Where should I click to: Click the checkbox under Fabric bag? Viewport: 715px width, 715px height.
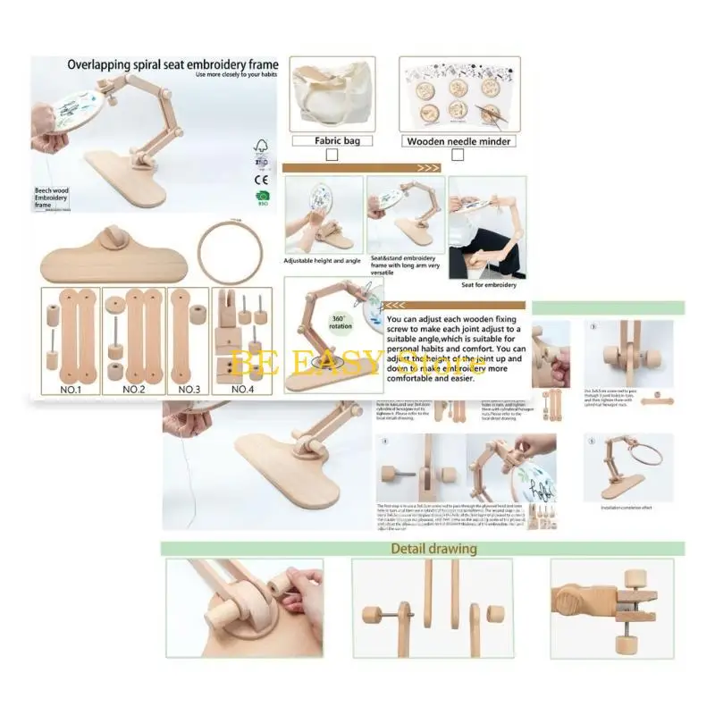point(332,155)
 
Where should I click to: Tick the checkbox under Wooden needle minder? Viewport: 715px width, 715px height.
point(458,155)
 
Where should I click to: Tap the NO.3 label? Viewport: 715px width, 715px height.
point(189,389)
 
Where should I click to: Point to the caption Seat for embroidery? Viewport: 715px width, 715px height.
point(487,284)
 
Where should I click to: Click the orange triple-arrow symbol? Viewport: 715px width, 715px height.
point(428,167)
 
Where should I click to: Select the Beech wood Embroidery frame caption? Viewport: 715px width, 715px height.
point(55,198)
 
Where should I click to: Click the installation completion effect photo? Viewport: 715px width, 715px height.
point(628,467)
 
